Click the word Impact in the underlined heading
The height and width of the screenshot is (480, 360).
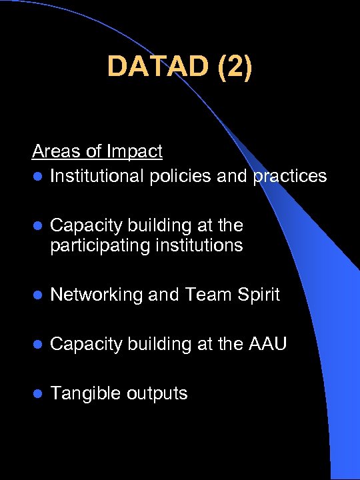tap(137, 151)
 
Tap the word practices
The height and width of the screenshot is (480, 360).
tap(290, 176)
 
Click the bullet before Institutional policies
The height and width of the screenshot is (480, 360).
tap(37, 177)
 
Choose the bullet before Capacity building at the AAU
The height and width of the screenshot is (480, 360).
tap(37, 345)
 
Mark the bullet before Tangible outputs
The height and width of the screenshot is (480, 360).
tap(37, 394)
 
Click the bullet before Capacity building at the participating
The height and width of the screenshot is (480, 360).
tap(37, 226)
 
